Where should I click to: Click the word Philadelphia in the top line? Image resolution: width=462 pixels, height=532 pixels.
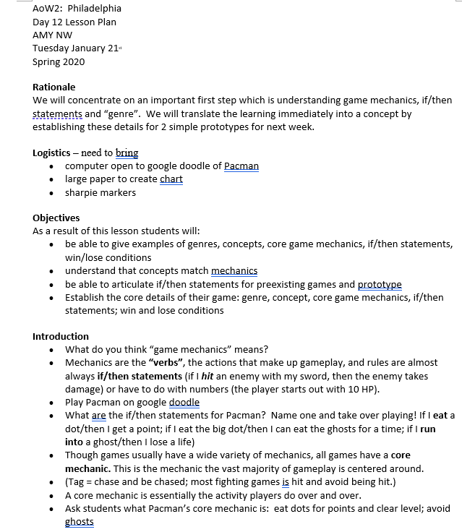[x=95, y=9]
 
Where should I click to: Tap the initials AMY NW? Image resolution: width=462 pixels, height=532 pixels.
[x=53, y=35]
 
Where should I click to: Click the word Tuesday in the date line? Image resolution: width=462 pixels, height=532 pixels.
[x=52, y=48]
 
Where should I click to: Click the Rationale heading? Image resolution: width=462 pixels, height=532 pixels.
[x=54, y=87]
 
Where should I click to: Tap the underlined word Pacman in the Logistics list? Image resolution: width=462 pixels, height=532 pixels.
[x=241, y=166]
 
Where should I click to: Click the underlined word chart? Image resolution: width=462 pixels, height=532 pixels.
[x=171, y=179]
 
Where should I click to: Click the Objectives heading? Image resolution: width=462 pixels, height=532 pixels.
[x=56, y=218]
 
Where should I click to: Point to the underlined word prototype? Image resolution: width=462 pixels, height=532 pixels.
[x=380, y=284]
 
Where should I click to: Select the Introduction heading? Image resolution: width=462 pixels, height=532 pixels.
[x=61, y=336]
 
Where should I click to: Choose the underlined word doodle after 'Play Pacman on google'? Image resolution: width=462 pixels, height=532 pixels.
[x=184, y=402]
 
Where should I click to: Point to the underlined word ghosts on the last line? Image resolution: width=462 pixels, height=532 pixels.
[x=80, y=522]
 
